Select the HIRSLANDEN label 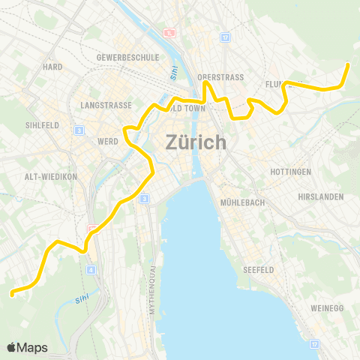[319, 196]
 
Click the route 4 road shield [91, 269]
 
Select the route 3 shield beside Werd [79, 130]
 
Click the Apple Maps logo [27, 347]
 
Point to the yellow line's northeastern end [348, 65]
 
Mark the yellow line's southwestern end [11, 294]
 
